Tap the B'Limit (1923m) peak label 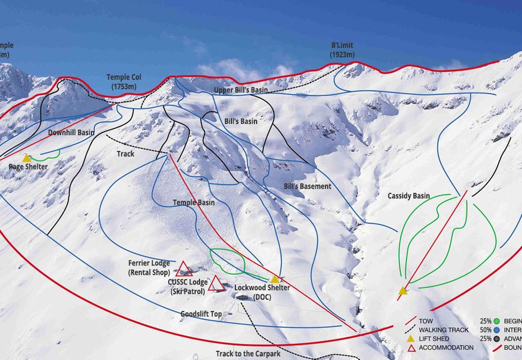342,50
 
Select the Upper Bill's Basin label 241,90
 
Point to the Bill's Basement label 307,186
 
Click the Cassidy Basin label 409,196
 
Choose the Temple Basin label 193,202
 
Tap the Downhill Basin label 71,133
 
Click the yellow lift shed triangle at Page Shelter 26,159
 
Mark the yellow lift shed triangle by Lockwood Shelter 275,279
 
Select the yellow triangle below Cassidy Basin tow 403,290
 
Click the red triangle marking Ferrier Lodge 183,269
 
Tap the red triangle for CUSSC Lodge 215,284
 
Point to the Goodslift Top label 201,315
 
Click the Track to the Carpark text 248,354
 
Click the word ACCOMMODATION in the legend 446,348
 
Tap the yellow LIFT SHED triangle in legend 410,339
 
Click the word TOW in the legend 426,321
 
